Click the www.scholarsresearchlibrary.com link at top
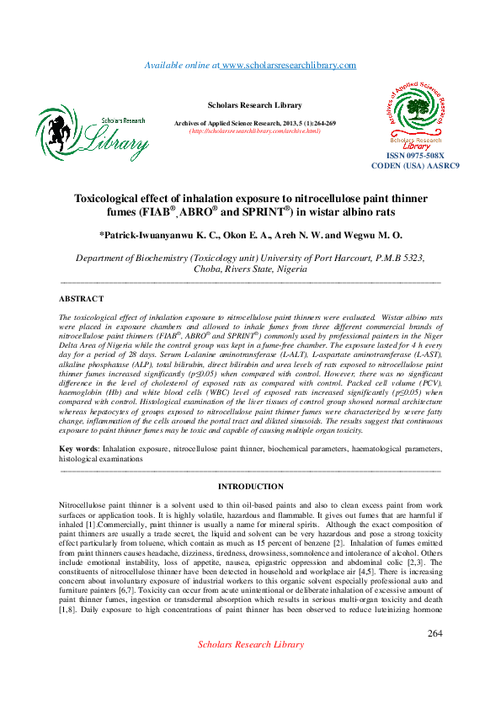coord(289,66)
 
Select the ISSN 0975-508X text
coord(415,157)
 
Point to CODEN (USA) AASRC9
coord(415,166)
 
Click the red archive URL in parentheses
coord(254,131)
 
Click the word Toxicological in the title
coord(111,199)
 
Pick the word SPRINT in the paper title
coord(262,213)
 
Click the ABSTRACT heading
coord(82,299)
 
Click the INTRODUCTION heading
coord(250,487)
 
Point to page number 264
coord(434,632)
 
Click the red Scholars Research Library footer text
coord(250,644)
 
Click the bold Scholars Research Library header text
coord(254,105)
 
